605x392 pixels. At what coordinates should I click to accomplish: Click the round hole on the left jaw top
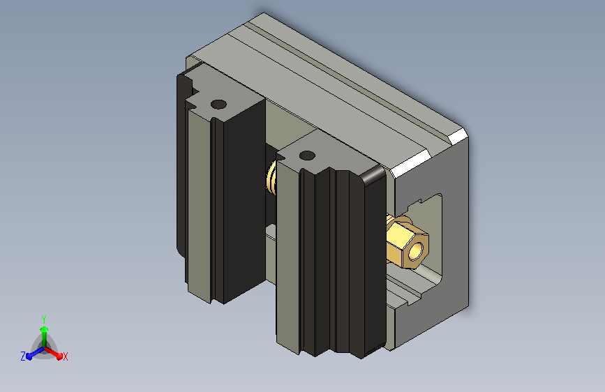[x=218, y=104]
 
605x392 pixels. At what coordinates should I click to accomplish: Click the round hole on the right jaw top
[x=307, y=156]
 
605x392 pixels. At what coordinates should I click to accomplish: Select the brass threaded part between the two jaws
[x=271, y=178]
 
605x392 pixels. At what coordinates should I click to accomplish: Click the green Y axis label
[x=44, y=319]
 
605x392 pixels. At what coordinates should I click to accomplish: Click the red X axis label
[x=65, y=356]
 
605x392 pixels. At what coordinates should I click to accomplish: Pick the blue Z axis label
[x=23, y=356]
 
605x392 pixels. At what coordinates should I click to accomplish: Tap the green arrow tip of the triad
[x=45, y=329]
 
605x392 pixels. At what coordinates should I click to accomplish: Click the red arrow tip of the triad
[x=59, y=356]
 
